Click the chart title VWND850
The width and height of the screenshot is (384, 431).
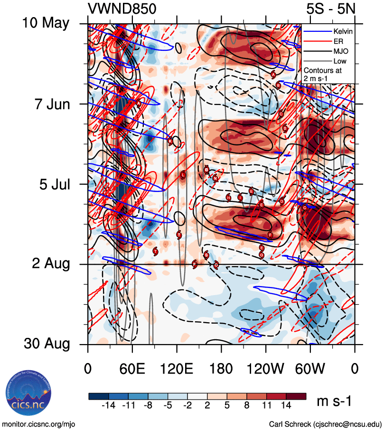122,9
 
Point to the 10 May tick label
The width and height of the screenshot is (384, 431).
46,23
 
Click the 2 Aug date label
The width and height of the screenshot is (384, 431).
51,264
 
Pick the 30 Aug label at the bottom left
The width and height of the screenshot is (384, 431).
46,344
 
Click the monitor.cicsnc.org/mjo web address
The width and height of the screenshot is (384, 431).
39,423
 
